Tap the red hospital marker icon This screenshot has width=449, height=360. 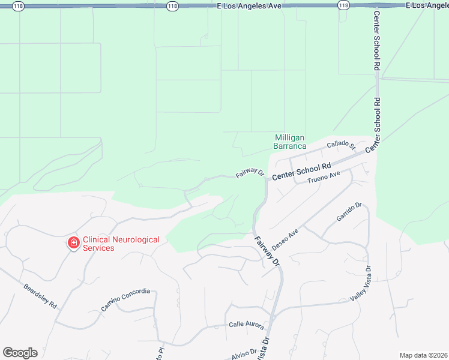tap(73, 242)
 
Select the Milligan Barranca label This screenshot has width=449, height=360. tap(290, 142)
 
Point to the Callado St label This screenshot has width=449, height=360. tap(342, 145)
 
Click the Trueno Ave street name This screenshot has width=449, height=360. tap(324, 178)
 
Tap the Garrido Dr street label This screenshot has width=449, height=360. tap(349, 212)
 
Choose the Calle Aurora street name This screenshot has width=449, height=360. tap(246, 325)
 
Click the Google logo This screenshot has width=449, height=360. tap(20, 353)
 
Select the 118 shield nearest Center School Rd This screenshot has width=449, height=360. tap(343, 5)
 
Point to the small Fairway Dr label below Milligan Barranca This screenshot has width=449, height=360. tap(250, 173)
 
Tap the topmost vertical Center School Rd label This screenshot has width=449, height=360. tap(377, 41)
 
